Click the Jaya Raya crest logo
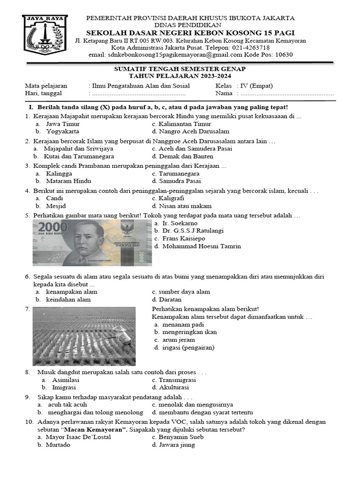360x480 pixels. point(45,37)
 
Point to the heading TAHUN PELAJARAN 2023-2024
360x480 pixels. point(180,76)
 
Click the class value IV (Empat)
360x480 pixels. point(255,86)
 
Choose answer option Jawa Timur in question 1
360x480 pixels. point(63,124)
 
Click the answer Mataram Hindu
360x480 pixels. point(68,181)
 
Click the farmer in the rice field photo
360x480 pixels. point(118,336)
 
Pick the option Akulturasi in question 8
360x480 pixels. point(174,388)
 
